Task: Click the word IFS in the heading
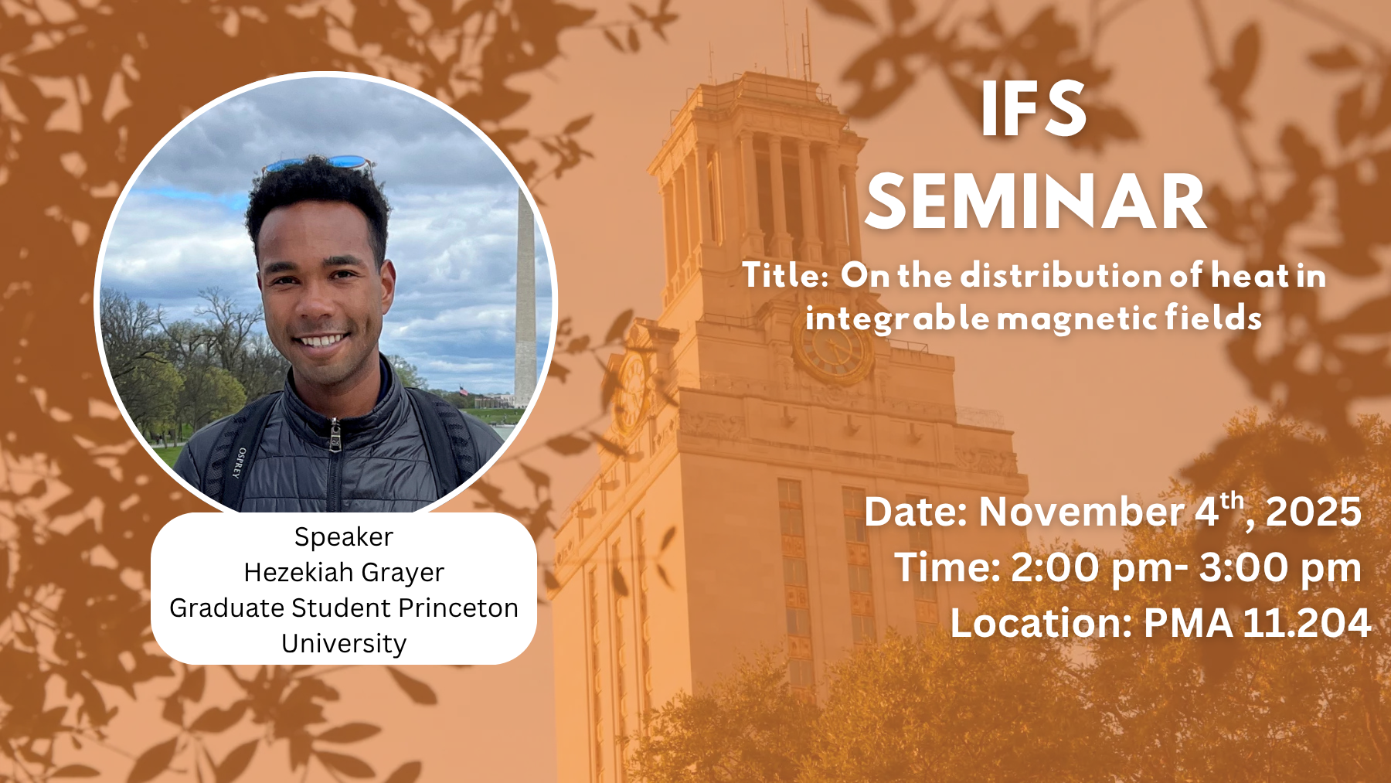click(x=1034, y=109)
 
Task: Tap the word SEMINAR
click(x=1036, y=202)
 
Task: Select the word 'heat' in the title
click(x=1250, y=275)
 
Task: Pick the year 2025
click(x=1313, y=512)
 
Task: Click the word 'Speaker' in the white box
click(x=344, y=537)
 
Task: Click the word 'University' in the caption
click(x=344, y=644)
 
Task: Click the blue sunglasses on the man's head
click(x=318, y=163)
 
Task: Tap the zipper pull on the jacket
click(x=335, y=435)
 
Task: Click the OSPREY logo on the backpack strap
click(x=240, y=462)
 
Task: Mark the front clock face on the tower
click(x=833, y=349)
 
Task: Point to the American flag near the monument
click(x=464, y=391)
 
